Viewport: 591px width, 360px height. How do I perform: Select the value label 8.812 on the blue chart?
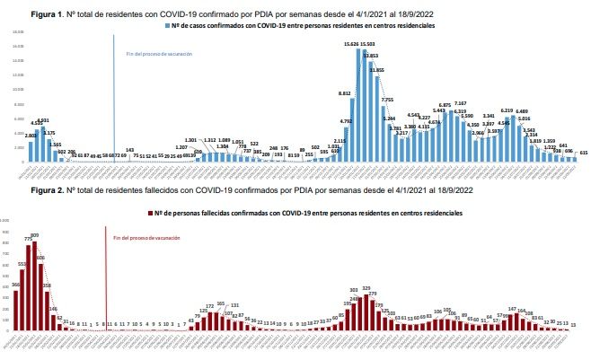pyautogui.click(x=344, y=93)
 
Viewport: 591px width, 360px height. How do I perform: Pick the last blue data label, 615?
pyautogui.click(x=584, y=154)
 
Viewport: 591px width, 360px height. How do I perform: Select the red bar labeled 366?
pyautogui.click(x=16, y=309)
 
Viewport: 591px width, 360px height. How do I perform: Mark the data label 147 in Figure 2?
pyautogui.click(x=511, y=308)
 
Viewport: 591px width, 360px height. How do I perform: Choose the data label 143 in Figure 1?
pyautogui.click(x=130, y=149)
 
